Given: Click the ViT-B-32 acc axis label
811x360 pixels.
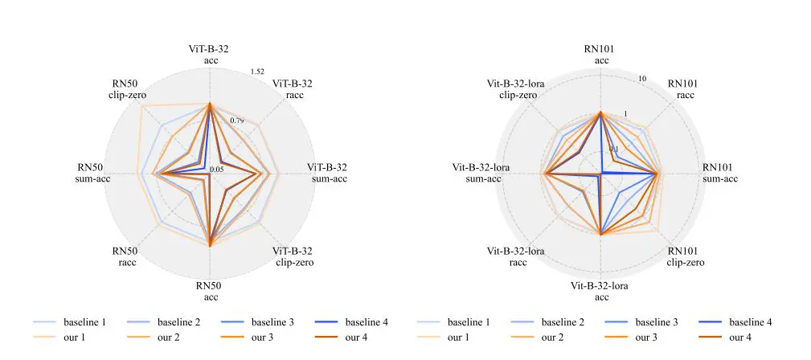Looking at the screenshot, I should [209, 55].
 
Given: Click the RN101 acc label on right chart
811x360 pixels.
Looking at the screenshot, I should [601, 55].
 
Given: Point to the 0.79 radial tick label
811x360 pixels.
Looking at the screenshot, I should [236, 121].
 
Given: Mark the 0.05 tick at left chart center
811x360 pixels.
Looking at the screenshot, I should [216, 170].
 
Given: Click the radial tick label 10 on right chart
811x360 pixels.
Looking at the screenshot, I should [642, 78].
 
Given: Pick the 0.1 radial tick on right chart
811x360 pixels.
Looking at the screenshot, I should [613, 149].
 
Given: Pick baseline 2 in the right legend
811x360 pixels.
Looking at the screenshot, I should [567, 322].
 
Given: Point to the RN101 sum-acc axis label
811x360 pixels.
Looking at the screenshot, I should [720, 173].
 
